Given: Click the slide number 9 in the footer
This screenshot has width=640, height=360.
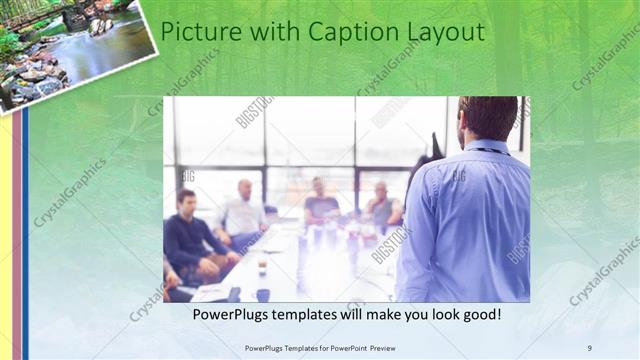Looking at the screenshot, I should (590, 347).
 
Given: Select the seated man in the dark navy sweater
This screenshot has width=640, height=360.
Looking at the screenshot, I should (189, 240).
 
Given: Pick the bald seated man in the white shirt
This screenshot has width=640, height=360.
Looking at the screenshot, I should (243, 212).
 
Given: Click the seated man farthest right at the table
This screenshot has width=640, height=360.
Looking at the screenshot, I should (382, 208).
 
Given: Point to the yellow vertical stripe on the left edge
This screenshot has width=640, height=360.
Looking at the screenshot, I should (6, 230).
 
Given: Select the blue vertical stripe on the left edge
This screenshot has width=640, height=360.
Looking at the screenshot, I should (26, 230).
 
